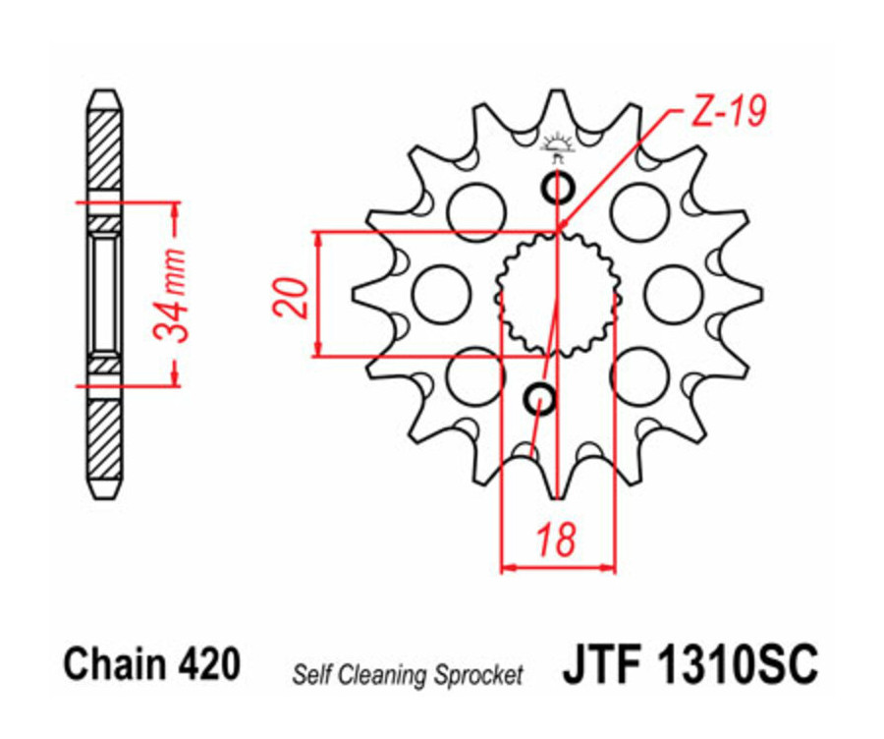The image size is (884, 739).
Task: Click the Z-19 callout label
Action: point(728,112)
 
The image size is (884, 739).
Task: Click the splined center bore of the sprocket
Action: point(557,294)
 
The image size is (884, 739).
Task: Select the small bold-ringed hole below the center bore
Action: point(541,399)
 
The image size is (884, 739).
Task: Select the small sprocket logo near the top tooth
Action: point(557,146)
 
